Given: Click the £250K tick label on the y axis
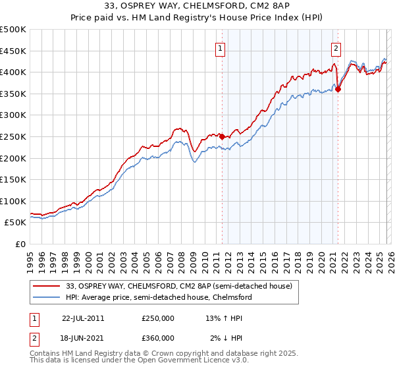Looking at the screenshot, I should pyautogui.click(x=13, y=136).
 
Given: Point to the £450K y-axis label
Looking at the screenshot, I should pyautogui.click(x=13, y=51).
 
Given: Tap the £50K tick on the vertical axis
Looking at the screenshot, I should pyautogui.click(x=15, y=223).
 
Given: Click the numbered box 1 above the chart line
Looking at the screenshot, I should pyautogui.click(x=220, y=47).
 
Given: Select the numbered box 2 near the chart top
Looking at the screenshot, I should pyautogui.click(x=336, y=47).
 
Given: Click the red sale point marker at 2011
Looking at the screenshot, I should pyautogui.click(x=223, y=137).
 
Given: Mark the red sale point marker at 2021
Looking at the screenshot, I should pyautogui.click(x=338, y=90).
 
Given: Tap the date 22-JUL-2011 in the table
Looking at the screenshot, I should pyautogui.click(x=83, y=318).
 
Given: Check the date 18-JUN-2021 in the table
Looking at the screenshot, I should pyautogui.click(x=83, y=338).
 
